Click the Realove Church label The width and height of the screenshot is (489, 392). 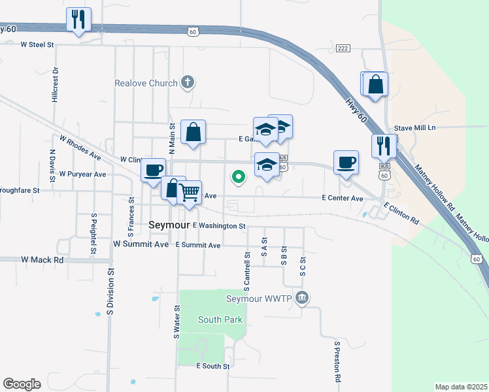[x=146, y=83]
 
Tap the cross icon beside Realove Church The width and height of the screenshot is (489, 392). [x=188, y=83]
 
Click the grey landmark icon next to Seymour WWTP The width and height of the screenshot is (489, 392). [x=301, y=299]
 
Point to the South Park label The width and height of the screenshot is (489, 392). [x=220, y=319]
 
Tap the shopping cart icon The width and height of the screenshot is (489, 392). [x=189, y=192]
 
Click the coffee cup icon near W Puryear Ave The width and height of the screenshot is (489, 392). [x=154, y=170]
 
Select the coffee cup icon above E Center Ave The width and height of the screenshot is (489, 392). [x=345, y=162]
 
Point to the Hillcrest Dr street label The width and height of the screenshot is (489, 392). [x=55, y=84]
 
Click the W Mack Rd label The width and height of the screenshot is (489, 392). [x=42, y=259]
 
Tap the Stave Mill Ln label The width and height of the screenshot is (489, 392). [x=414, y=129]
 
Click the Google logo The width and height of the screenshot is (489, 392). [x=22, y=384]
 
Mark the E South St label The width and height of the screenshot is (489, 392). [x=213, y=367]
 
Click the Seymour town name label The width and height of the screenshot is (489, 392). [x=169, y=224]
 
